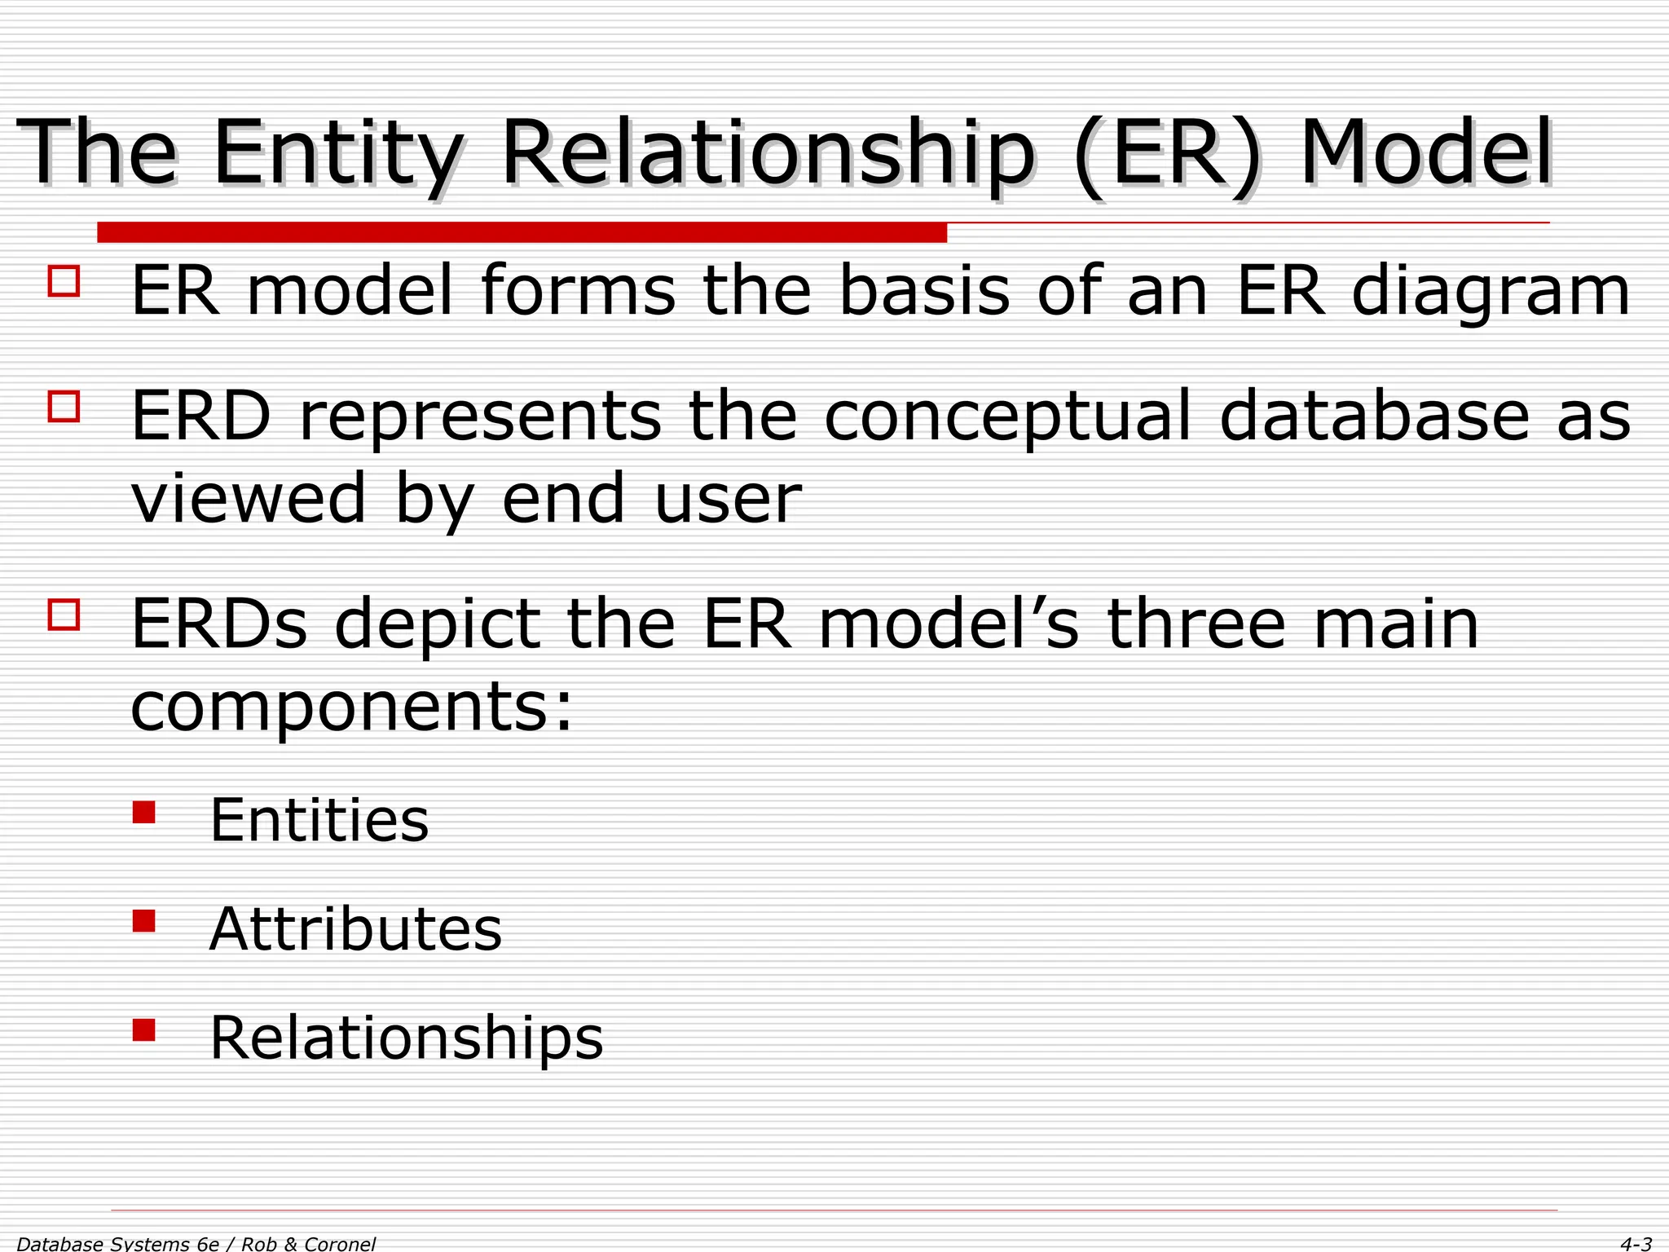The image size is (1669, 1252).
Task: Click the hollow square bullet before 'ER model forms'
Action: (x=64, y=280)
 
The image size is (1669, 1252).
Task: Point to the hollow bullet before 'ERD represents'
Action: (x=64, y=406)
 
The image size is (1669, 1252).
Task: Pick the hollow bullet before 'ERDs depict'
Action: (x=64, y=615)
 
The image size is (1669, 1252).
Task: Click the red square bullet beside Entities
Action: (x=143, y=813)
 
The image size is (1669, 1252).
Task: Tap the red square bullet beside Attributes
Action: (x=143, y=921)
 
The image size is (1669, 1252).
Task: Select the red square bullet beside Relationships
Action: (x=143, y=1030)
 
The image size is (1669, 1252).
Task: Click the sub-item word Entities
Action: (x=319, y=820)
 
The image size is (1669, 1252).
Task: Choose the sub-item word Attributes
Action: (x=355, y=929)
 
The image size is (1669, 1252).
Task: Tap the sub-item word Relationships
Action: (x=406, y=1038)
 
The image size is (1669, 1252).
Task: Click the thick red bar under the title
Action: (x=522, y=232)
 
